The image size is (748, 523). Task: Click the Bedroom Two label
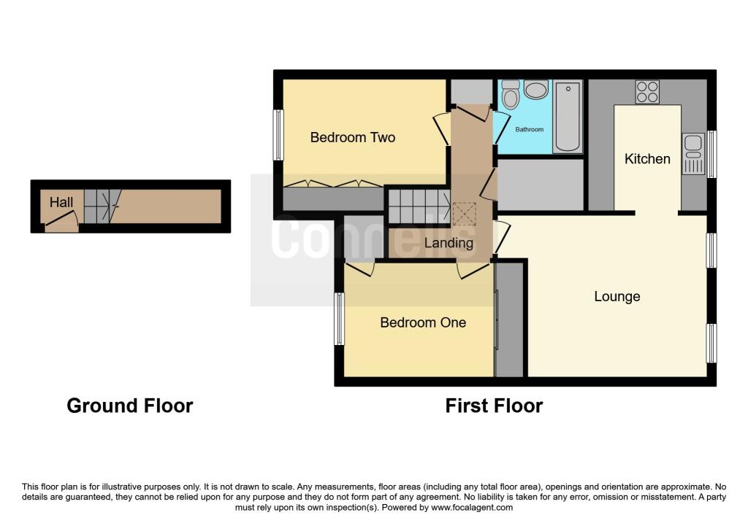tap(353, 138)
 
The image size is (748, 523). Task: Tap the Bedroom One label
tap(423, 322)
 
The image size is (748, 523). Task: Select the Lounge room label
tap(617, 297)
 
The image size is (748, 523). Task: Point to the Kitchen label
tap(647, 158)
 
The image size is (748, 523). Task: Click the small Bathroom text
tap(529, 130)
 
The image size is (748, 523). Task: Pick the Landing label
tap(449, 244)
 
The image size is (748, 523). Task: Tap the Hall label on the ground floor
tap(61, 203)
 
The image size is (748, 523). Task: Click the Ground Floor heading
tap(130, 406)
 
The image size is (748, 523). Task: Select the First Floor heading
tap(494, 406)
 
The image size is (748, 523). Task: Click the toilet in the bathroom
tap(511, 94)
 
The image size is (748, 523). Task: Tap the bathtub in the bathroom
tap(568, 117)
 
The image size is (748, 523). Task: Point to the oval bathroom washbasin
tap(536, 90)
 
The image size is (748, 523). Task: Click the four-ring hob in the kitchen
tap(647, 92)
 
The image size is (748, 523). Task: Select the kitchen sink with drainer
tap(693, 154)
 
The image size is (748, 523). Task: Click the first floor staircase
tap(419, 206)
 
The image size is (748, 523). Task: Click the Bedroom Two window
tap(278, 135)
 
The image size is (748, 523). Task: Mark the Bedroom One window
tap(339, 319)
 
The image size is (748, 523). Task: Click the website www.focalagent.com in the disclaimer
tap(472, 508)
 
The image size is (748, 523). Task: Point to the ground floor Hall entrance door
tap(61, 218)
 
